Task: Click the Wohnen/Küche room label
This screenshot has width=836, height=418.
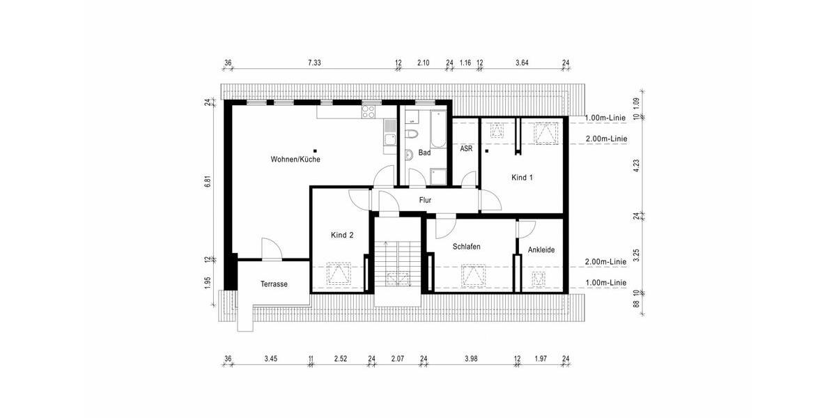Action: (295, 160)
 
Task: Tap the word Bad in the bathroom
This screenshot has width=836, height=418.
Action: (424, 152)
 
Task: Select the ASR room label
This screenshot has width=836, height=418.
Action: (466, 148)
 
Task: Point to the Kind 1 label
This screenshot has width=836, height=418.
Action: (522, 178)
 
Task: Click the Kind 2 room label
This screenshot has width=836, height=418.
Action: (341, 235)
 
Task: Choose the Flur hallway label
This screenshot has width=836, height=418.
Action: (425, 201)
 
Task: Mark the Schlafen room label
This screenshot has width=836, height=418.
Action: (466, 247)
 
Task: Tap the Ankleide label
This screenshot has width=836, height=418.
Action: (541, 249)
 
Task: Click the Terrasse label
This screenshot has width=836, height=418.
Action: (274, 284)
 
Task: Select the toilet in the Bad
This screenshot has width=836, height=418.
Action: (411, 133)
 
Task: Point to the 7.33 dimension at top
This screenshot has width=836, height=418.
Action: (314, 63)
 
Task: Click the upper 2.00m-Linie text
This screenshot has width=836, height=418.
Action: (606, 139)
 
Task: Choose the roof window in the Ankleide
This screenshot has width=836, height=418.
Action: (538, 280)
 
